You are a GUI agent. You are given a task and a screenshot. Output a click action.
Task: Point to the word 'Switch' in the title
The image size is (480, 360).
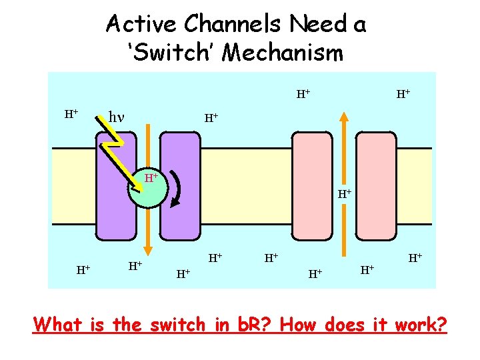[x=175, y=52]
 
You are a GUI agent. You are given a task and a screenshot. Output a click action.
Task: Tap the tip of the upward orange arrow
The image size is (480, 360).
[x=343, y=115]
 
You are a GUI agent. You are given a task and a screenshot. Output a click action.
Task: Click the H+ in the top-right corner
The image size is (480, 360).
[x=403, y=95]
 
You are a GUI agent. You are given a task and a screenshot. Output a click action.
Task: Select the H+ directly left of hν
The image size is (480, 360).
[x=71, y=114]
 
